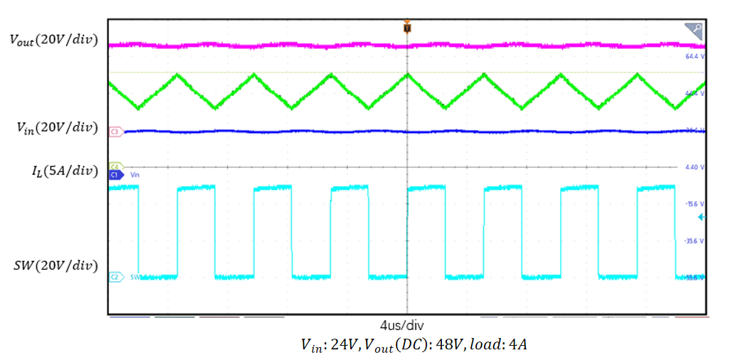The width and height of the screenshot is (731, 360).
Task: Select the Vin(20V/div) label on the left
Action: [57, 127]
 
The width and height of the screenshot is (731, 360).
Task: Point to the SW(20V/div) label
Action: [56, 266]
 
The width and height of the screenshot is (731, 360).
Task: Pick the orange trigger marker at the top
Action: [406, 27]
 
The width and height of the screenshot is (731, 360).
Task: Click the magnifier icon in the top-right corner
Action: [694, 31]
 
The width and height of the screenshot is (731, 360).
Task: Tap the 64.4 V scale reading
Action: [694, 55]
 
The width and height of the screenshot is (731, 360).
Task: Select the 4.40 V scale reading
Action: [694, 166]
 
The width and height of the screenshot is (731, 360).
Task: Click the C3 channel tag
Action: [115, 132]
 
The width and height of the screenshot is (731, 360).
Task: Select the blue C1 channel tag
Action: [115, 174]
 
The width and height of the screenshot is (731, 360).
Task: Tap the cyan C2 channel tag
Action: [115, 276]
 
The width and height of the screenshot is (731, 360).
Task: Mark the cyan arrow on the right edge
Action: [701, 217]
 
